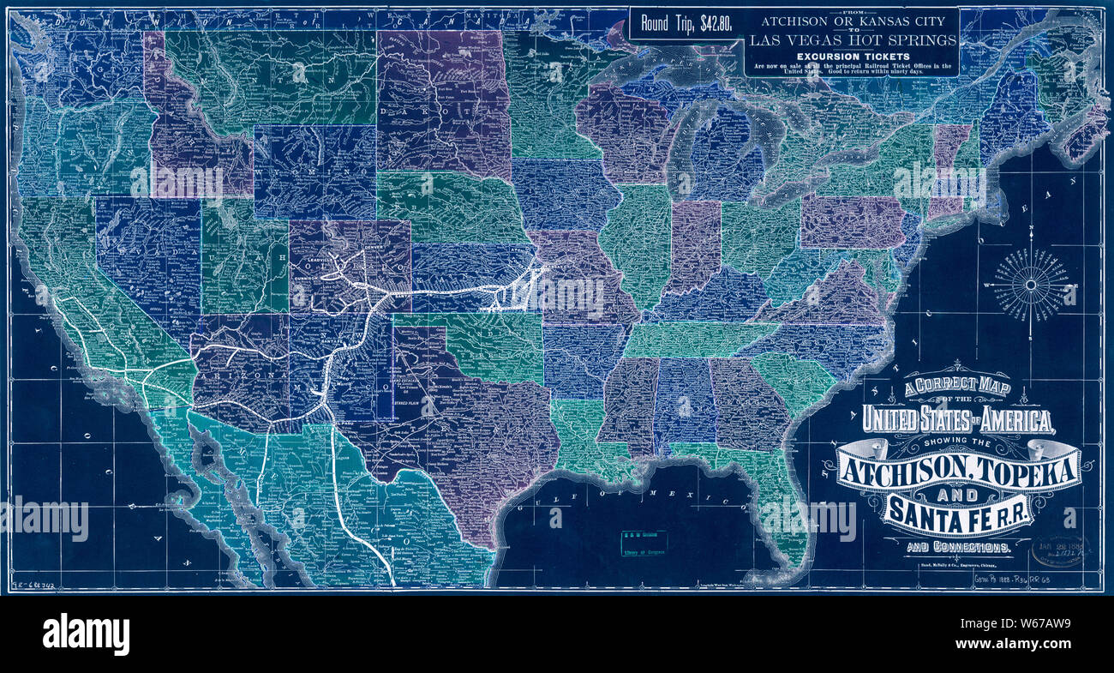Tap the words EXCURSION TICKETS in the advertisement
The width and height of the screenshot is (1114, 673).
click(x=850, y=56)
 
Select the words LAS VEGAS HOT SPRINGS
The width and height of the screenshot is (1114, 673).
click(x=851, y=39)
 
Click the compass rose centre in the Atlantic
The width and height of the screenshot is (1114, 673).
click(x=1031, y=284)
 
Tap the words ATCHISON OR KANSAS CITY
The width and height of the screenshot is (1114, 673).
click(x=850, y=21)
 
